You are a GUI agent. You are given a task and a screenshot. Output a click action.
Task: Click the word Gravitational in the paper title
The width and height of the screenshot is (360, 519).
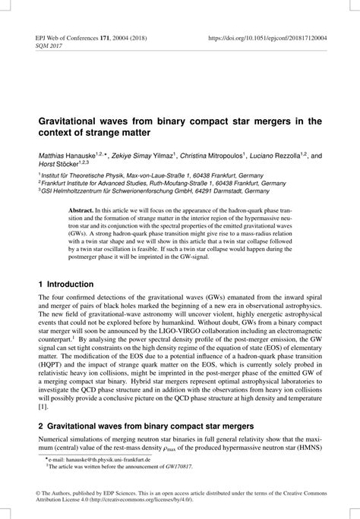73,121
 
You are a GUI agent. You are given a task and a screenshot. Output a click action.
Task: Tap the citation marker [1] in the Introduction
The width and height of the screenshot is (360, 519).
43,407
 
